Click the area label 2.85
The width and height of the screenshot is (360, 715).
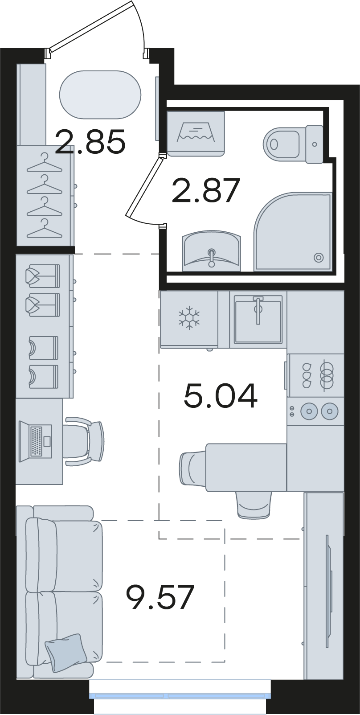point(90,142)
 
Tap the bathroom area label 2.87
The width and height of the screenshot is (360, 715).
point(205,191)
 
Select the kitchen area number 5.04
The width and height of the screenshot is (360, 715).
point(221,396)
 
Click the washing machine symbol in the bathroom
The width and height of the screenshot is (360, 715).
point(196,133)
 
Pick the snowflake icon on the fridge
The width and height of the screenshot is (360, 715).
point(189,318)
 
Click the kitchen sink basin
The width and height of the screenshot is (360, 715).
point(258,319)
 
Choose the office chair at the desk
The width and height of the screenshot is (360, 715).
point(84,441)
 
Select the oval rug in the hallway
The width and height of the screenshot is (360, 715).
point(100,95)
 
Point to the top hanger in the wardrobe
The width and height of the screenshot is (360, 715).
point(45,162)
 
